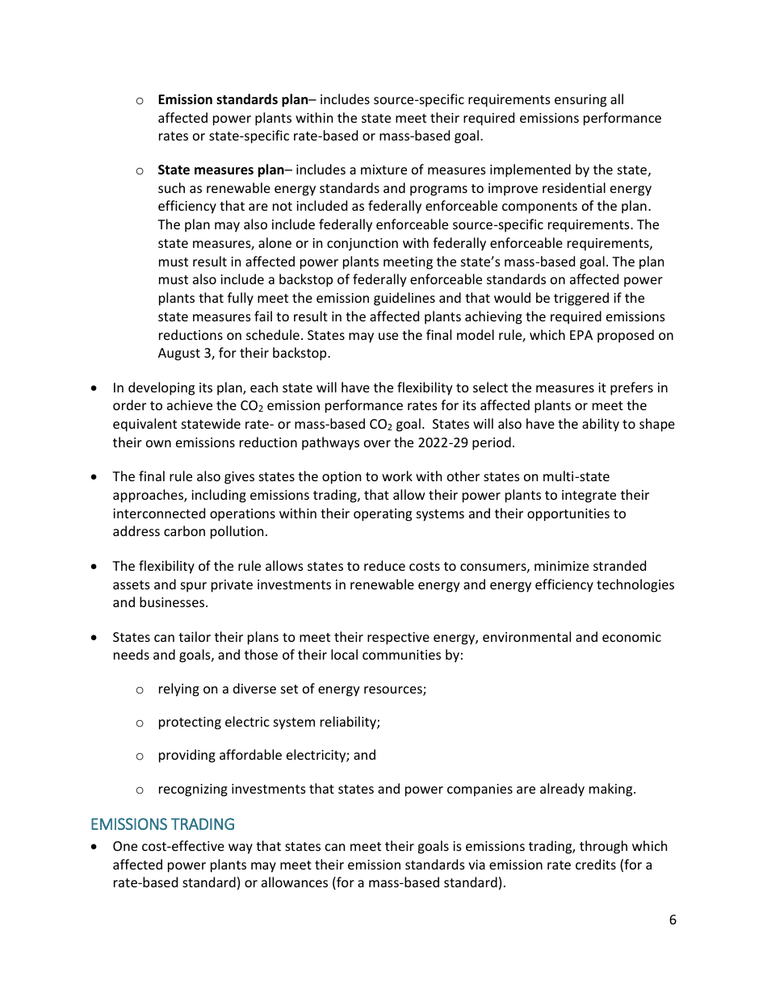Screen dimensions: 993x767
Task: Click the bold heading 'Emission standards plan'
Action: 233,100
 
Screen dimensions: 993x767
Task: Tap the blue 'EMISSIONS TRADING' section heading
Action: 162,824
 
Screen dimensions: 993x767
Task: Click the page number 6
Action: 673,920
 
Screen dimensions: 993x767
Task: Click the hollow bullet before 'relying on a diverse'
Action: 140,689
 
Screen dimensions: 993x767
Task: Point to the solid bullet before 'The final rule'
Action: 96,477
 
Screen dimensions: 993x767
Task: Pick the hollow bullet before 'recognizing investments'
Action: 140,790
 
